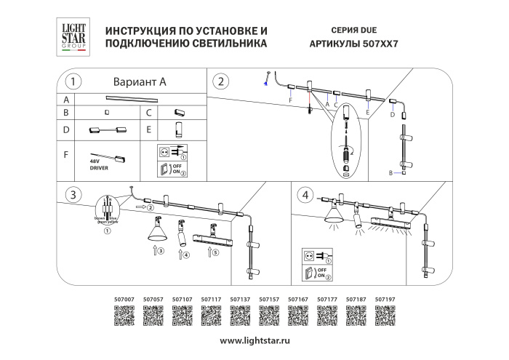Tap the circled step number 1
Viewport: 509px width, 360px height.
[72, 81]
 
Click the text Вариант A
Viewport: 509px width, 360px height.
[140, 81]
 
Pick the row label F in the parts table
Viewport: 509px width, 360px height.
[66, 155]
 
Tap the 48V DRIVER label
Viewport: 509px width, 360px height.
[99, 165]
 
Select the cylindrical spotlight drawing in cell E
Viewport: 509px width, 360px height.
[175, 130]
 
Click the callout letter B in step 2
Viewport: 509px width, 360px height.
[391, 172]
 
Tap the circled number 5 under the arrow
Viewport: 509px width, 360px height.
[215, 255]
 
